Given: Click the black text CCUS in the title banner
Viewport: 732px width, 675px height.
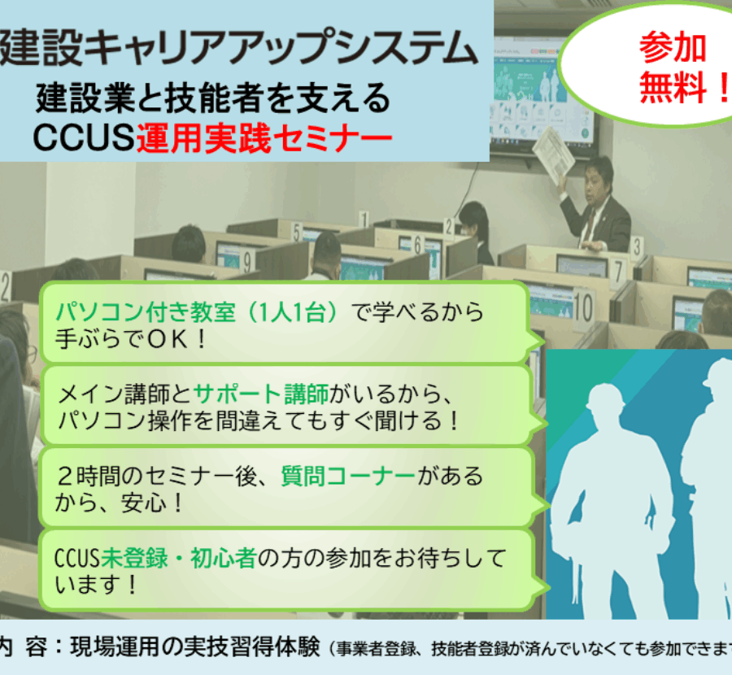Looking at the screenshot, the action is coord(84,137).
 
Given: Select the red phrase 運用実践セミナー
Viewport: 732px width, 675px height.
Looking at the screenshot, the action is coord(264,138).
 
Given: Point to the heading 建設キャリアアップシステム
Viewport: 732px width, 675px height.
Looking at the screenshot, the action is coord(239,46).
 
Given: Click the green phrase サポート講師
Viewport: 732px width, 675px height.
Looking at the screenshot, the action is coord(261,394).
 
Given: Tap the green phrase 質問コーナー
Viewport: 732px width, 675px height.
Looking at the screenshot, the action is coord(348,476).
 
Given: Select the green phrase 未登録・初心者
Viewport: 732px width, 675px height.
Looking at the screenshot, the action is coord(179,558).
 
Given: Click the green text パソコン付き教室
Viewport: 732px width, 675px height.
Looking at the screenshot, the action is coord(146,311).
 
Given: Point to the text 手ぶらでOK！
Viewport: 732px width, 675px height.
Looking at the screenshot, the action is coord(131,339).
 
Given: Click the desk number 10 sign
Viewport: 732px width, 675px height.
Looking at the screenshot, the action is coord(582,307).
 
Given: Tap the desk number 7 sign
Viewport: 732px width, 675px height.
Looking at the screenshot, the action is coord(619,271).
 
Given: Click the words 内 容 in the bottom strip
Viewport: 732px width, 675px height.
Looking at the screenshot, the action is coord(24,647).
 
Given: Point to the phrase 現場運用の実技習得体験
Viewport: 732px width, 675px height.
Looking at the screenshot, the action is coord(195,647).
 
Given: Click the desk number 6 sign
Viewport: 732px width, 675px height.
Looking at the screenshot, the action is coord(418,245).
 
